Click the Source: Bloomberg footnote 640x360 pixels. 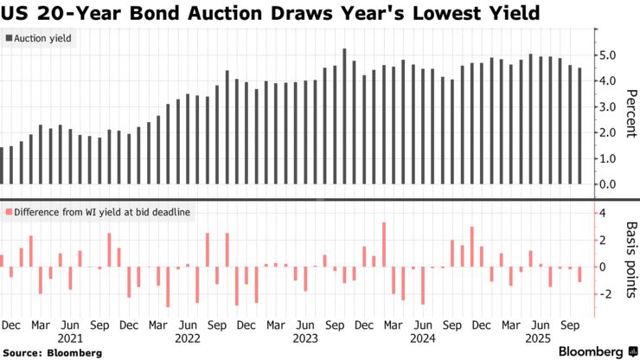(53, 353)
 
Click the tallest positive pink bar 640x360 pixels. (383, 245)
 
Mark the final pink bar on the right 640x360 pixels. (579, 275)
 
